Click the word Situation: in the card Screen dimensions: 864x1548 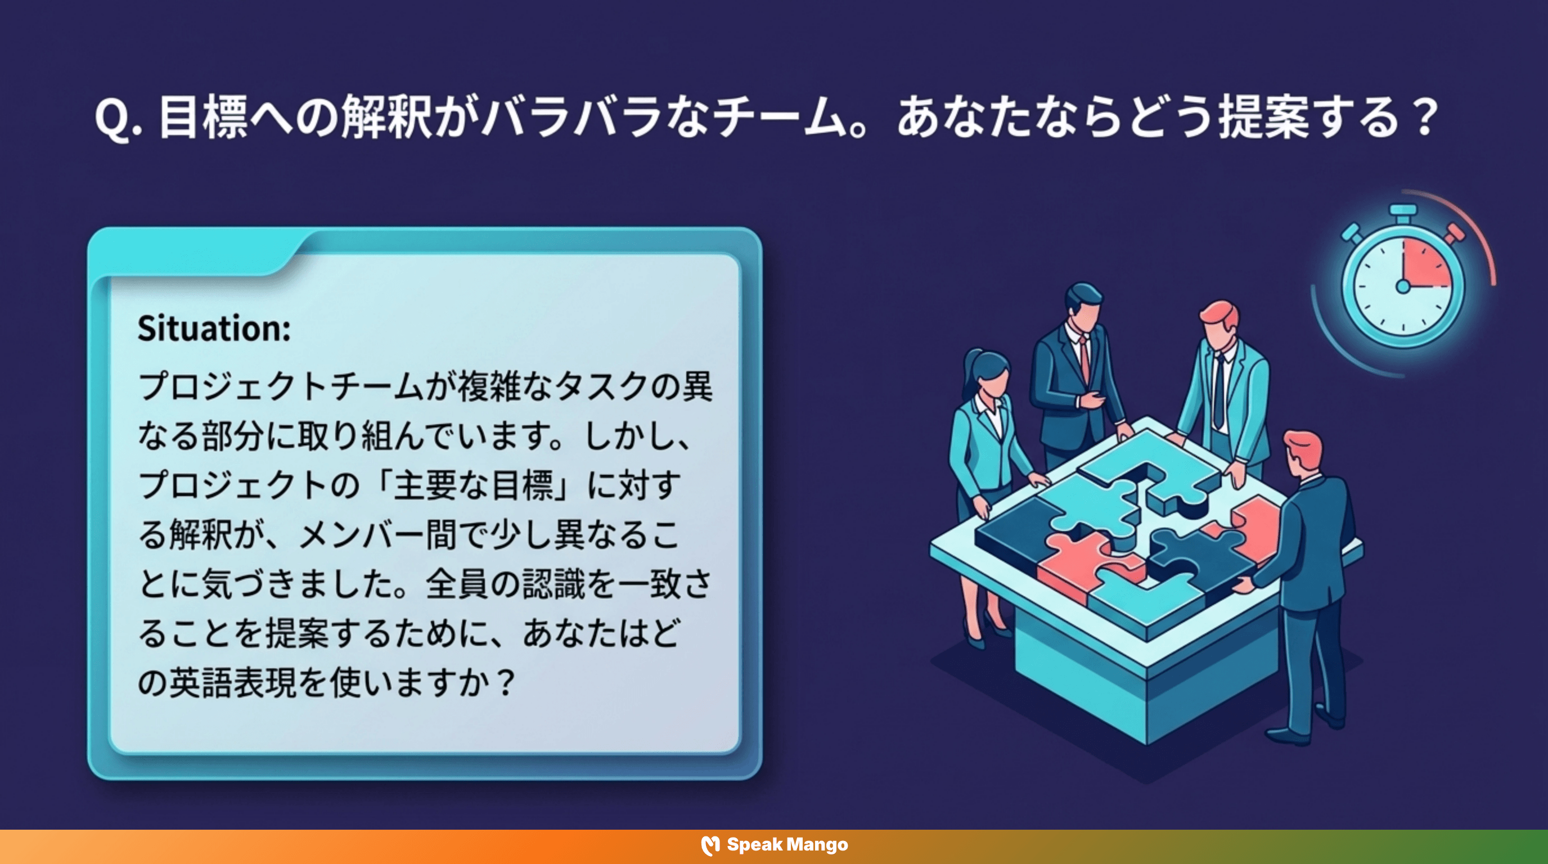[x=214, y=328]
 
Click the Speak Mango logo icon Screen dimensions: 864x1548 [x=710, y=845]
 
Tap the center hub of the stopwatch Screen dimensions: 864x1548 [x=1403, y=287]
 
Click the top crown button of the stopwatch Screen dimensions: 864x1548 [x=1403, y=211]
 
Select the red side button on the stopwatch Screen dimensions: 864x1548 [x=1454, y=232]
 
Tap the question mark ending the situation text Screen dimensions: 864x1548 [x=507, y=683]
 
